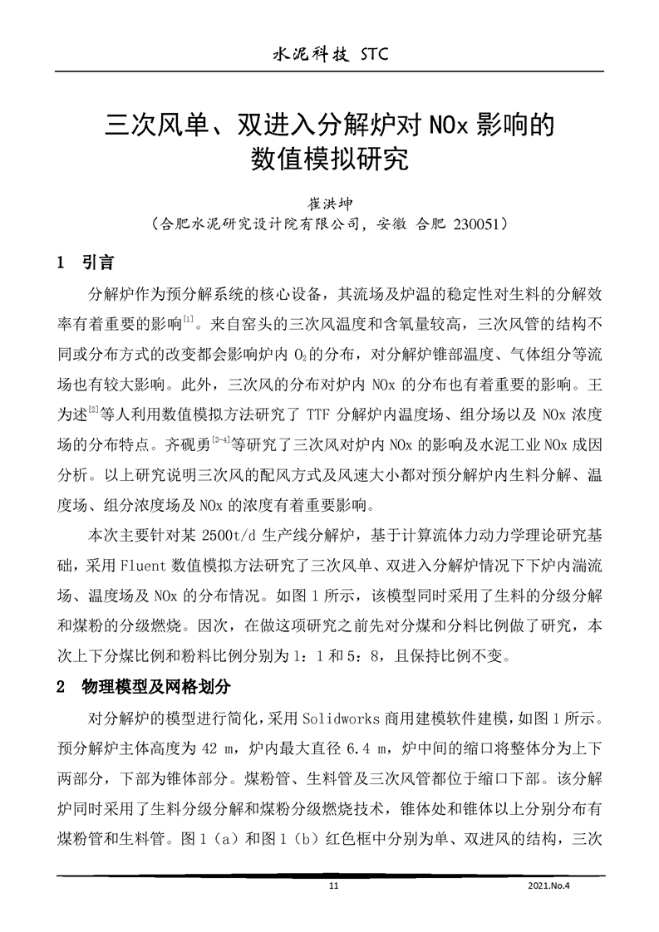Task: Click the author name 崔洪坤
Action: [331, 202]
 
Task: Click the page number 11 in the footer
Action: [335, 887]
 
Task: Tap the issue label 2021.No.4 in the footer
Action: [551, 887]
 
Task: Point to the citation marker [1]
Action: [189, 319]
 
